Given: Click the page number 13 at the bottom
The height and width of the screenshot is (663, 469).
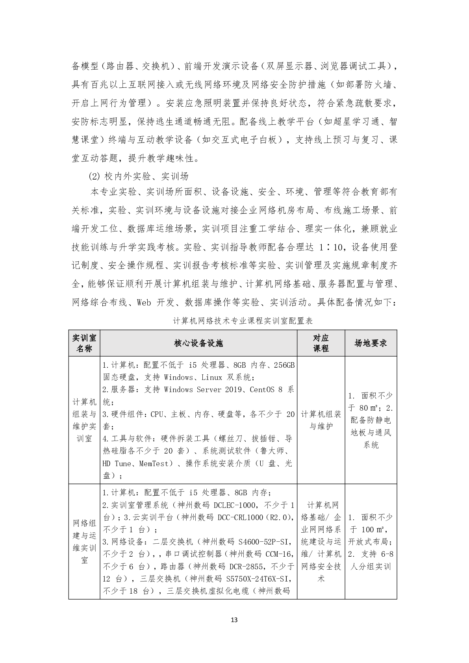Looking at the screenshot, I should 234,620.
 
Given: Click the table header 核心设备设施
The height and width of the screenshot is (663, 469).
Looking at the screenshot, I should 198,343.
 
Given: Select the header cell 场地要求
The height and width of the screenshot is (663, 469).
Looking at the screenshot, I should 371,343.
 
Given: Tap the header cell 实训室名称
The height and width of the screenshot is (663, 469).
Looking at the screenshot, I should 84,343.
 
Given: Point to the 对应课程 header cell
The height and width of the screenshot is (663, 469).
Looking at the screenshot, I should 321,343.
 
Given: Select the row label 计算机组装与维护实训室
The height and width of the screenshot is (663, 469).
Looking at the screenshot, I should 84,420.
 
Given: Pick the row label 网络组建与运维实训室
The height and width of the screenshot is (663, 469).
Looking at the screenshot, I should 84,541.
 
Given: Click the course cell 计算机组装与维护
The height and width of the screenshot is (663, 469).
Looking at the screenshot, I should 321,420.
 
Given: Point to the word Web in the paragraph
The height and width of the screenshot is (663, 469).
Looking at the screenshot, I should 145,302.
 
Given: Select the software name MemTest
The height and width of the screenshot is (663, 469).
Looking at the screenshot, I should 156,463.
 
